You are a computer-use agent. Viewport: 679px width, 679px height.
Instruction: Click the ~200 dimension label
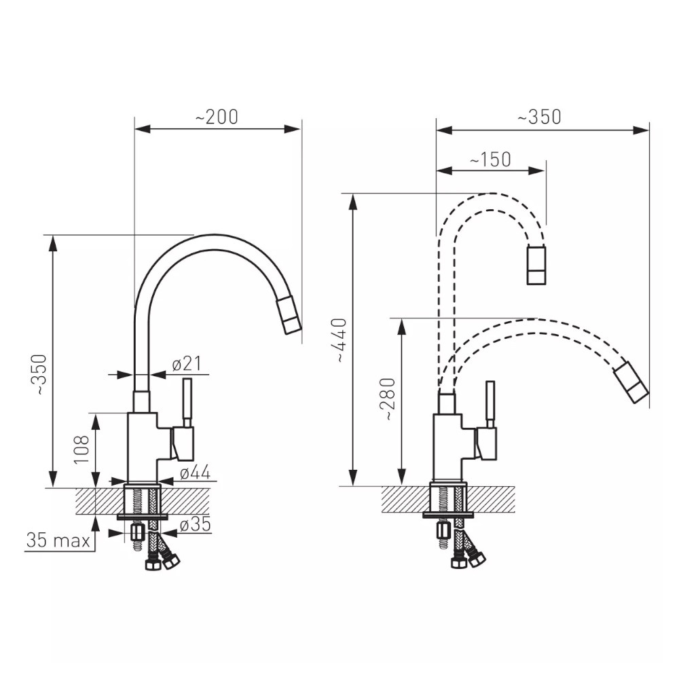217,117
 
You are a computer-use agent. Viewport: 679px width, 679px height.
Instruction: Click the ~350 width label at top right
540,117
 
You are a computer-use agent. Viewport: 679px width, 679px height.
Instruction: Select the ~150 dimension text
491,160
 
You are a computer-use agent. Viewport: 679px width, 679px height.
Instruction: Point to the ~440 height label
341,340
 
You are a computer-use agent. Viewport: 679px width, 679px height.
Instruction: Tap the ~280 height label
388,399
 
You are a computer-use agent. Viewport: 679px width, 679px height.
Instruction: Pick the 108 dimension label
81,449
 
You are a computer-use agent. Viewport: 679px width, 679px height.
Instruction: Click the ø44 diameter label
196,473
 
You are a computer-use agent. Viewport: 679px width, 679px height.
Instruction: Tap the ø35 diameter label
196,524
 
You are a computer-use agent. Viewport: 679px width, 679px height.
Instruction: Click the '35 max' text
58,540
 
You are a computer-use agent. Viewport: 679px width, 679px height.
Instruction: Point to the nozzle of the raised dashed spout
536,265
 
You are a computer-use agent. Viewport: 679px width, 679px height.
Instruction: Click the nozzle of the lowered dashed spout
631,382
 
